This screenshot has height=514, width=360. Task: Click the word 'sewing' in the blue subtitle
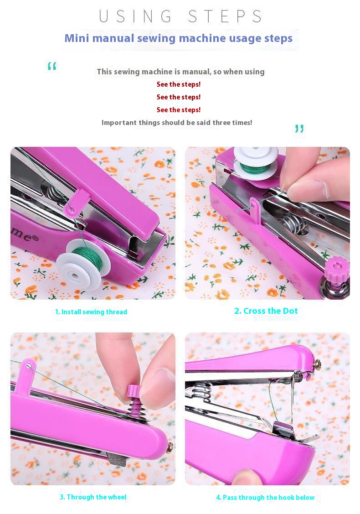tap(156, 39)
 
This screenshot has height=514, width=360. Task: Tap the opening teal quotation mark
tap(52, 66)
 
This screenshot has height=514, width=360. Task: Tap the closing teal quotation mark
tap(299, 129)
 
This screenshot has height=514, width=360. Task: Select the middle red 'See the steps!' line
tap(179, 97)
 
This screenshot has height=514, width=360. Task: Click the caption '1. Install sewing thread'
tap(91, 312)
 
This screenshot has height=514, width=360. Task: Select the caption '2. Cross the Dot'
tap(266, 311)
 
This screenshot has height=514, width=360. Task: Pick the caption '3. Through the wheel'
tap(93, 497)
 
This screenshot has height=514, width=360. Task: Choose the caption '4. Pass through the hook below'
tap(265, 497)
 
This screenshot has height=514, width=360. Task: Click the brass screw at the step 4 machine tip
tap(317, 363)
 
